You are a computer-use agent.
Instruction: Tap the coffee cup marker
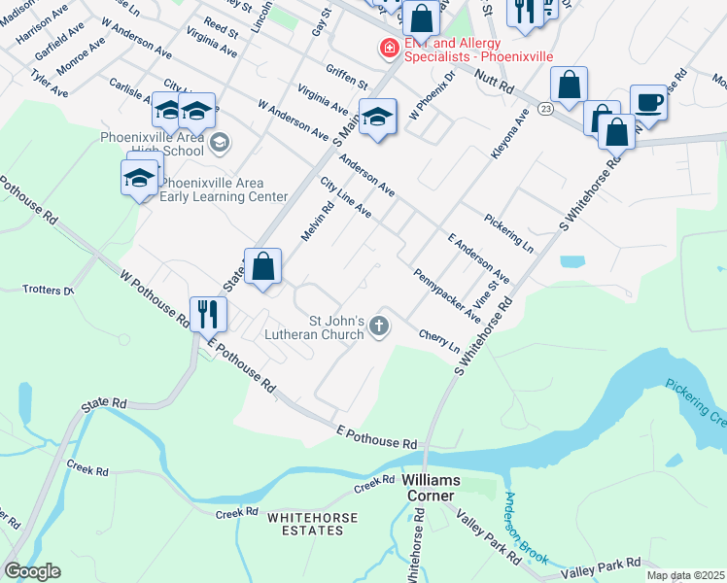point(648,102)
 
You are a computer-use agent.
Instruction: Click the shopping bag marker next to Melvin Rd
point(262,265)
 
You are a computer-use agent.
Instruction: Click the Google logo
point(31,571)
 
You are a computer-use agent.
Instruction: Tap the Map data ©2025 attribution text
point(685,575)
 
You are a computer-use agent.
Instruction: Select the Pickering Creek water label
point(696,402)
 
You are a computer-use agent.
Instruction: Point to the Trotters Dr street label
point(49,290)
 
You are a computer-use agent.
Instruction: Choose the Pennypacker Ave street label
point(446,295)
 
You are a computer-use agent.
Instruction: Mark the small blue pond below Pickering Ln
point(572,261)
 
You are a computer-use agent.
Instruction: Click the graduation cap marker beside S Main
point(377,117)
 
